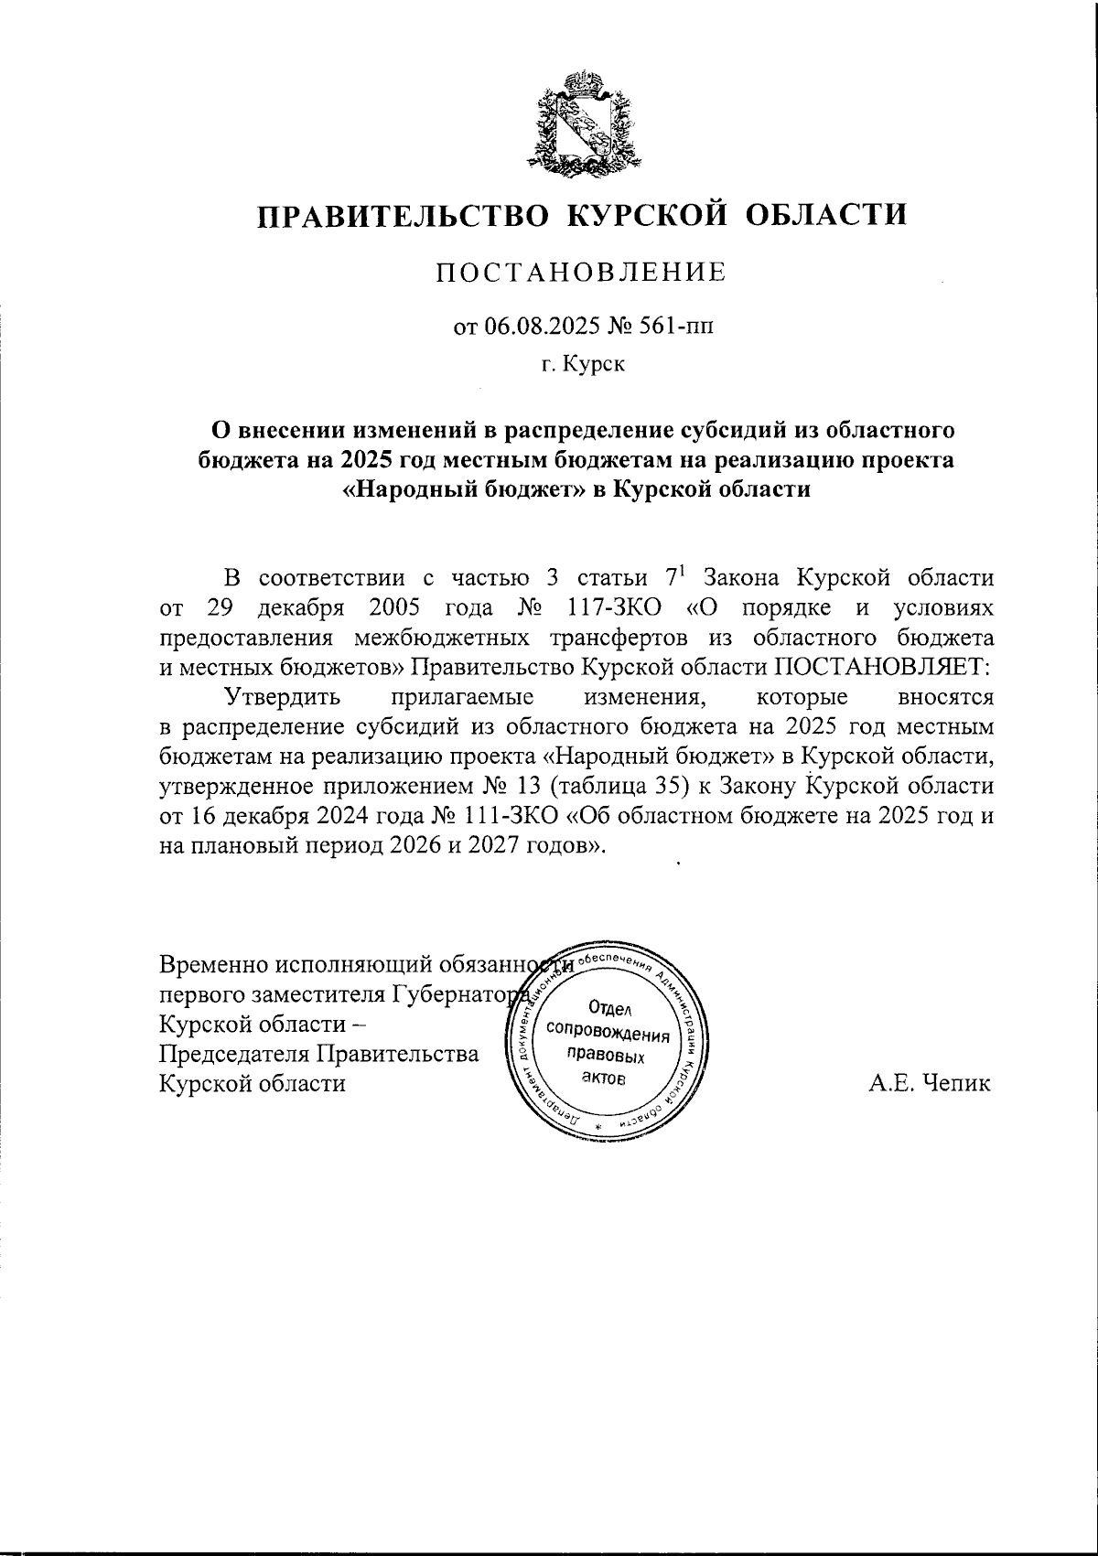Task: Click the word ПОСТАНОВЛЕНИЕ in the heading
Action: [580, 273]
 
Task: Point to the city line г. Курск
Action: [582, 365]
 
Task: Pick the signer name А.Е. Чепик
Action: [930, 1084]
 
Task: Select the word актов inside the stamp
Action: [605, 1079]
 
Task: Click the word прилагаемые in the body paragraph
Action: [462, 696]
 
